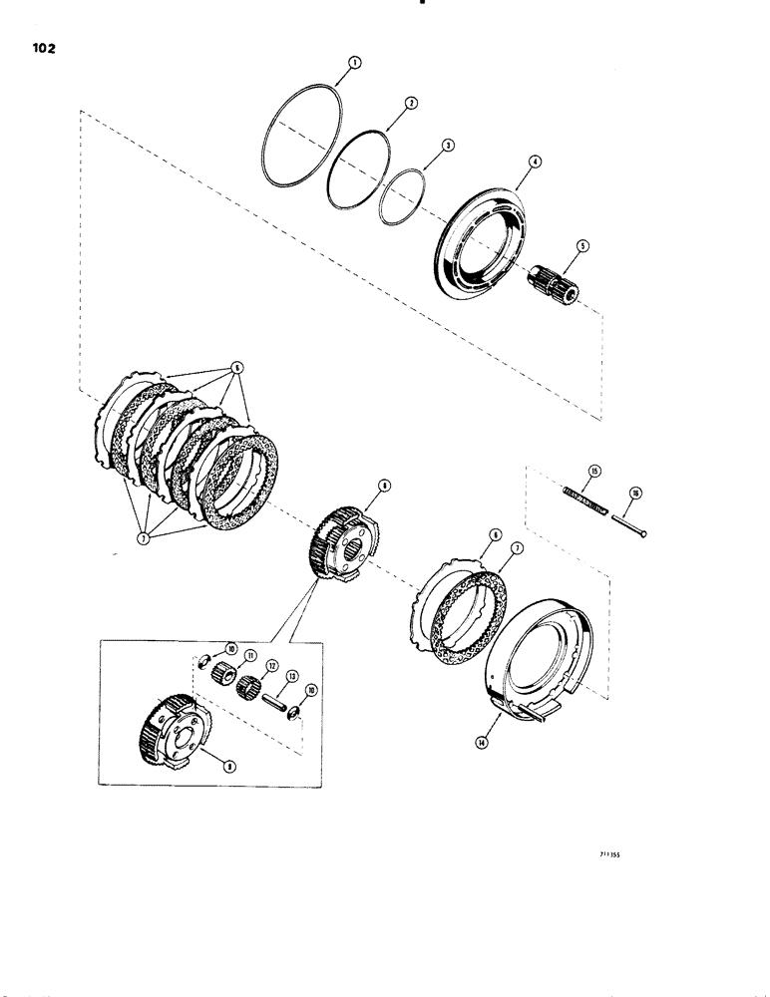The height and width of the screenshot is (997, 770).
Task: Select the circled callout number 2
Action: pyautogui.click(x=409, y=103)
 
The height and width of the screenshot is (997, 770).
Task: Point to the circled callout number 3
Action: pyautogui.click(x=448, y=146)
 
